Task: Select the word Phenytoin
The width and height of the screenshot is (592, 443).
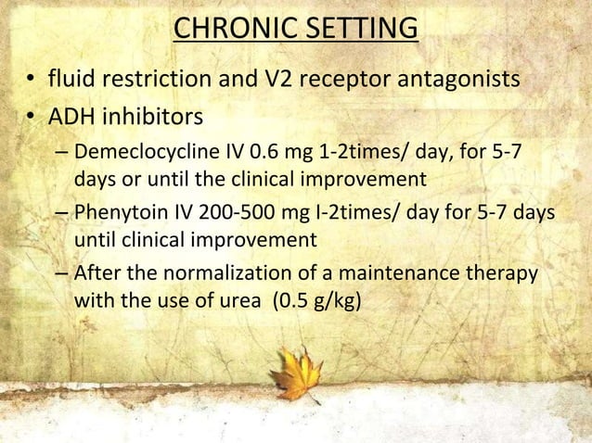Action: pos(117,214)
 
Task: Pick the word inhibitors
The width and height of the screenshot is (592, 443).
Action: pos(152,118)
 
